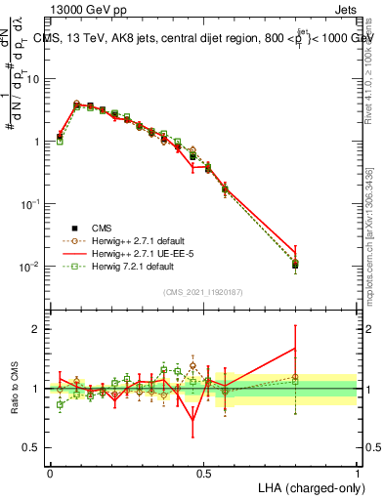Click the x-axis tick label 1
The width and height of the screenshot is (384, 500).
pyautogui.click(x=358, y=471)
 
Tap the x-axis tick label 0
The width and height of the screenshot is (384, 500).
pyautogui.click(x=50, y=471)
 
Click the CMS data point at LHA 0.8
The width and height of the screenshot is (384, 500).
pyautogui.click(x=295, y=264)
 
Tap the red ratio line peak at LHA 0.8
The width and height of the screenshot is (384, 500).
pyautogui.click(x=295, y=349)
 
